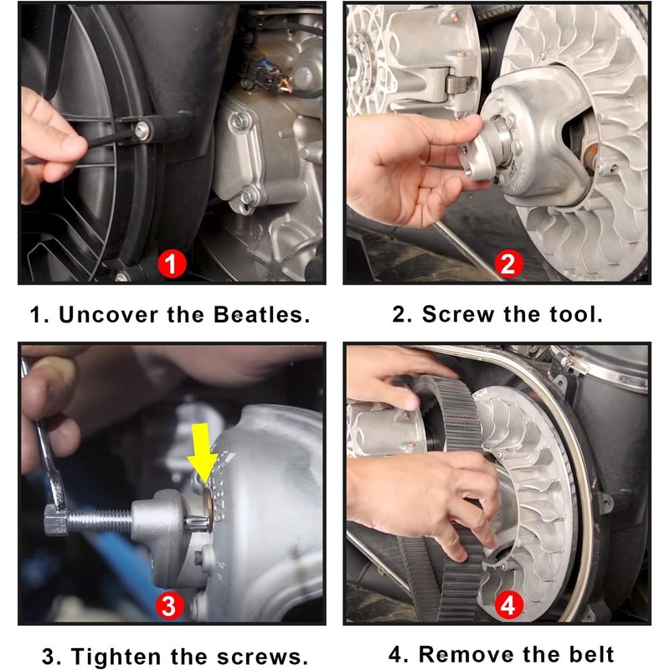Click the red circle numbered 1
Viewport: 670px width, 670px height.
click(x=172, y=264)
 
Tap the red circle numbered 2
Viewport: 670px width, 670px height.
click(x=509, y=264)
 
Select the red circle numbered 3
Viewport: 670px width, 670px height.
click(x=169, y=606)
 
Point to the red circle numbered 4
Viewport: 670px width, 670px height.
click(x=509, y=605)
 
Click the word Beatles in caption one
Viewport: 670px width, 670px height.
click(x=261, y=315)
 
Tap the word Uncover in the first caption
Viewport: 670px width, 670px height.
click(x=109, y=315)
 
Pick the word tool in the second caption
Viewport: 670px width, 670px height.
click(x=575, y=314)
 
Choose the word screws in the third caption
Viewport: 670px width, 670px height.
click(x=262, y=657)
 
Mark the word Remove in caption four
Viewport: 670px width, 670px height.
click(x=466, y=654)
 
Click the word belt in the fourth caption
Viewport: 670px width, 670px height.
click(x=591, y=654)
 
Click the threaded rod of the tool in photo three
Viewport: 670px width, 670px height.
click(x=100, y=521)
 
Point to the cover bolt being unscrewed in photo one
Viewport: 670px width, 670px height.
click(x=142, y=130)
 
